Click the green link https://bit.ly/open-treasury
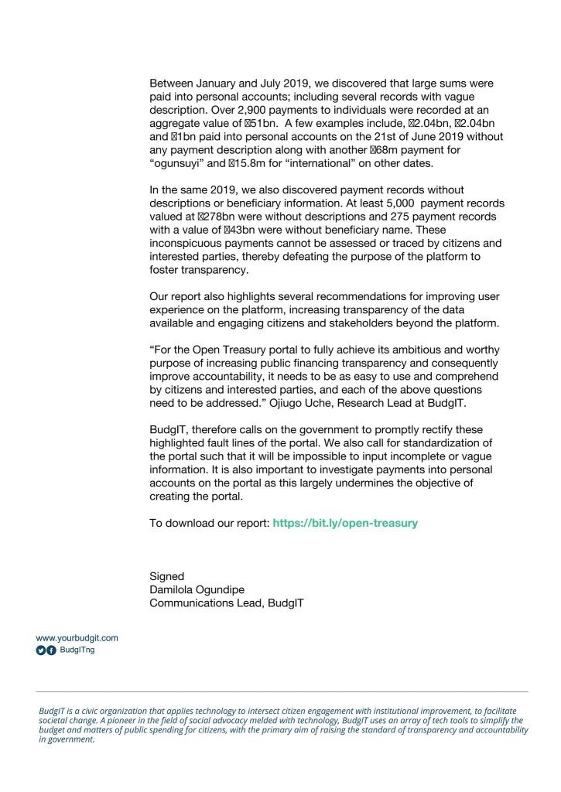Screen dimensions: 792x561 point(345,523)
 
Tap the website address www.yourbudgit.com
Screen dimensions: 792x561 point(77,638)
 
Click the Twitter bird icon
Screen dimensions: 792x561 point(41,650)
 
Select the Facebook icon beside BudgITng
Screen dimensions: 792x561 point(52,650)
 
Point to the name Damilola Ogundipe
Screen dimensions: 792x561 point(199,589)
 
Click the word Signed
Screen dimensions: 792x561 point(166,576)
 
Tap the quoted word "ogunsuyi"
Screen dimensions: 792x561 point(180,164)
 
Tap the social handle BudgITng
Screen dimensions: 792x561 point(77,650)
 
